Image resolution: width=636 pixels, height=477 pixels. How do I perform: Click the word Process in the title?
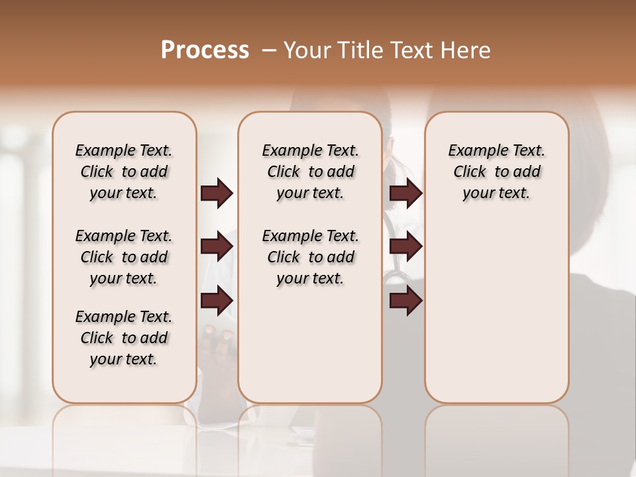pos(205,50)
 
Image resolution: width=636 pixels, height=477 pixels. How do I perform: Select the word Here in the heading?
pos(467,50)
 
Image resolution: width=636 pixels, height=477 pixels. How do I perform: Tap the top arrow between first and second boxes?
pos(217,193)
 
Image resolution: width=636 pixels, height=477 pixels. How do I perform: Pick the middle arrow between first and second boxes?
pos(217,247)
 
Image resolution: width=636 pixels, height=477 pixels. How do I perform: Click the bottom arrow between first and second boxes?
pos(217,301)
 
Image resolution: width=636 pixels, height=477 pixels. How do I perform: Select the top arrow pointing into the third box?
pos(405,193)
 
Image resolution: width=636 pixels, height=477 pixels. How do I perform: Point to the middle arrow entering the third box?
pos(405,247)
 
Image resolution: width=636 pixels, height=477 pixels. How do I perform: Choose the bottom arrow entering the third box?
pos(405,301)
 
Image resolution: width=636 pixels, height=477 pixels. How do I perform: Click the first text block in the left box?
pos(124,172)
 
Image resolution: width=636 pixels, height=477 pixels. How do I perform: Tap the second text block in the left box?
pos(124,257)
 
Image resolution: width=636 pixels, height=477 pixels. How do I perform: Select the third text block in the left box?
pos(124,338)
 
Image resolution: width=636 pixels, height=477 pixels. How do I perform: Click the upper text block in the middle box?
pos(310,172)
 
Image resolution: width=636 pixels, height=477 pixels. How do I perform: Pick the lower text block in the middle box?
pos(310,257)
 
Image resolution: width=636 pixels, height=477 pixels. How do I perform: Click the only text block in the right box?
pos(497,172)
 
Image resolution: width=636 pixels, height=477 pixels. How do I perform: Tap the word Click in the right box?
pos(470,172)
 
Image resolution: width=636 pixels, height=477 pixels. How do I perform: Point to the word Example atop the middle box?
pos(286,150)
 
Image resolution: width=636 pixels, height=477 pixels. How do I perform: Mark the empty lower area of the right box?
pos(497,311)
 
